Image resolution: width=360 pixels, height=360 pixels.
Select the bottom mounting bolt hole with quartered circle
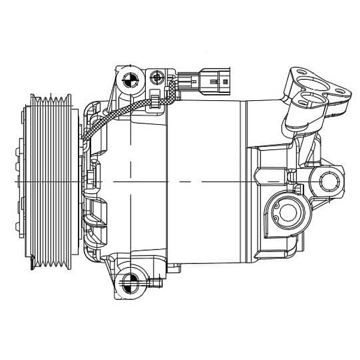click(x=128, y=281)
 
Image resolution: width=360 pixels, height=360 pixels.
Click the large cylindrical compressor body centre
click(x=204, y=180)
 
